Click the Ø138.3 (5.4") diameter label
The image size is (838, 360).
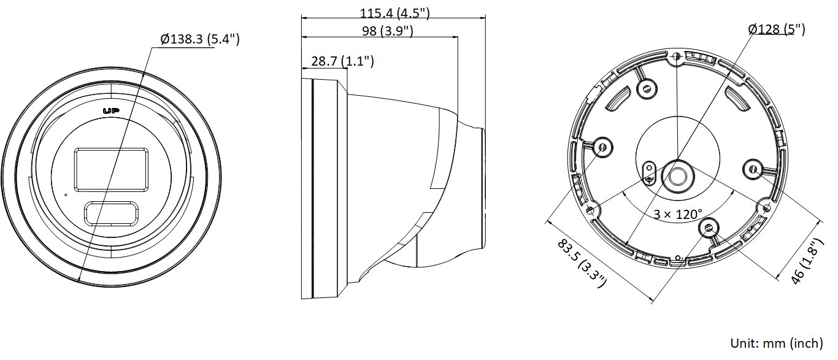coord(200,40)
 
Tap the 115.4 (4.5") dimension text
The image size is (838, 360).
coord(394,12)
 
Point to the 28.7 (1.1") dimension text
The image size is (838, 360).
coord(342,61)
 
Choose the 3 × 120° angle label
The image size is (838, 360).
coord(677,215)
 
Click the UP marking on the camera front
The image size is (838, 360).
coord(111,111)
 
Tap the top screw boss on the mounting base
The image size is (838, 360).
coord(644,89)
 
